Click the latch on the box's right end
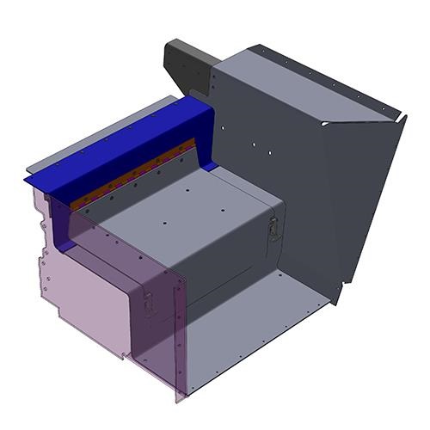click(x=273, y=228)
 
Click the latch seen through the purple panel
click(x=149, y=303)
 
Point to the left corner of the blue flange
click(x=26, y=175)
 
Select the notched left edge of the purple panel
click(x=40, y=249)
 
